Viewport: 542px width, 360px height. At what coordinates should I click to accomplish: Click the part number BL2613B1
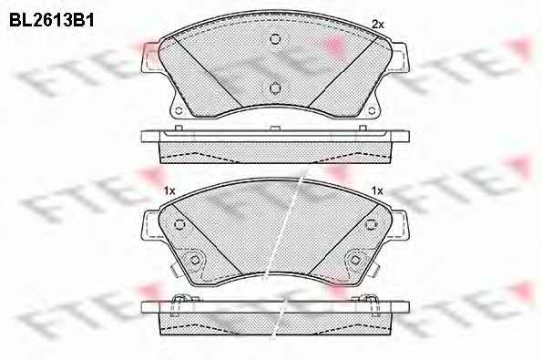tap(52, 21)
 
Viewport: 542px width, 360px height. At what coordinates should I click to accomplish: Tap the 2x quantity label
tap(377, 25)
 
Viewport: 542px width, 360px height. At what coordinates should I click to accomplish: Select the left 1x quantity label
tap(169, 190)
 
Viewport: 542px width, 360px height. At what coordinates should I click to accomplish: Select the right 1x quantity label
tap(377, 190)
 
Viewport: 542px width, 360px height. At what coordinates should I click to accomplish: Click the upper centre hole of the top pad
tap(275, 38)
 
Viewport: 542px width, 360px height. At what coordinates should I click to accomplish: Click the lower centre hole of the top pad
tap(275, 88)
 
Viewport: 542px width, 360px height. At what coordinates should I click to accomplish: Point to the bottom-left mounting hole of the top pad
tap(179, 111)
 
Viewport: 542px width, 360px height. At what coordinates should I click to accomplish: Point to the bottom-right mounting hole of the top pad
tap(372, 111)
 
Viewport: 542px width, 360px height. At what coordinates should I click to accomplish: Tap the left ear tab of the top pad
tap(150, 57)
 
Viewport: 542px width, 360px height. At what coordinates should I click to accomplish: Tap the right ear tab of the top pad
tap(400, 57)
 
